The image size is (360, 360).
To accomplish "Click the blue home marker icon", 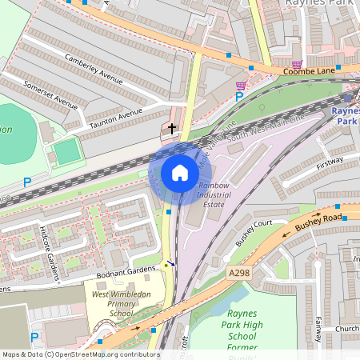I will (180, 173).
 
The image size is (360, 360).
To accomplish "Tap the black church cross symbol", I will (172, 128).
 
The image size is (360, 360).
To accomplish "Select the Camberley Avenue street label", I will (94, 69).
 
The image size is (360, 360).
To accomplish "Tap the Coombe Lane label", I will (307, 71).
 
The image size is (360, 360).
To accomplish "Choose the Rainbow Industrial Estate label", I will (213, 195).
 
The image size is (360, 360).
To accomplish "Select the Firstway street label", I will (329, 164).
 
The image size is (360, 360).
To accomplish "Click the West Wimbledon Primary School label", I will (122, 304).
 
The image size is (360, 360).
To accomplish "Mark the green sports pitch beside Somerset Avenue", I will (68, 150).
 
